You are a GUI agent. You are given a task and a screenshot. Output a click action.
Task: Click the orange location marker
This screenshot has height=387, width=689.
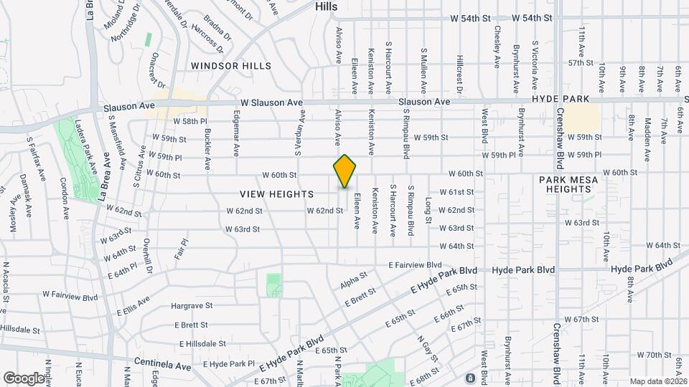[344, 171]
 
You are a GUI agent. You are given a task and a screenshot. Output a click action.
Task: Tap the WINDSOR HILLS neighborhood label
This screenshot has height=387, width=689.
[231, 66]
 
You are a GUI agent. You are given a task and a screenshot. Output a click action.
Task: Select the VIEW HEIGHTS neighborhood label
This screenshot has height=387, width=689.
[277, 194]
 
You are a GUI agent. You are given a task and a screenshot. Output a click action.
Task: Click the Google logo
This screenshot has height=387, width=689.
[23, 378]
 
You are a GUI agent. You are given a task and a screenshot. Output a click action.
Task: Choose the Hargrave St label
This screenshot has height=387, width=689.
[192, 305]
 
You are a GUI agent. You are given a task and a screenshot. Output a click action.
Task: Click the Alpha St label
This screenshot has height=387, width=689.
[354, 279]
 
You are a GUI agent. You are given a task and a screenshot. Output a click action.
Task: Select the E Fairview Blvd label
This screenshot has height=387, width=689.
[415, 264]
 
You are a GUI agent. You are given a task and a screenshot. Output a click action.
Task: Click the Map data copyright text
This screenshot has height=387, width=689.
[658, 381]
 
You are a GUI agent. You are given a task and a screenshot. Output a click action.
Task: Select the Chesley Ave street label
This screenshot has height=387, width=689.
[497, 47]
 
